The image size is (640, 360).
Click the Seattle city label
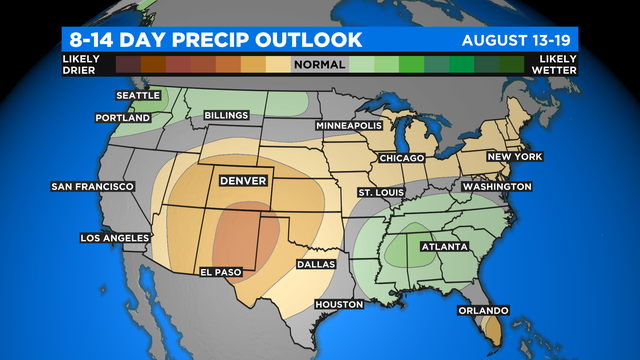[138, 96]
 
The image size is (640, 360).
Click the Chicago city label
[403, 159]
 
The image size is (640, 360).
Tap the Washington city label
[496, 187]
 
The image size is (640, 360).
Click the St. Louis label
[383, 191]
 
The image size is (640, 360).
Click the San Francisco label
[92, 187]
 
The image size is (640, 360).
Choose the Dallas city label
[316, 265]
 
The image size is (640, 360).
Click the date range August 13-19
[520, 41]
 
